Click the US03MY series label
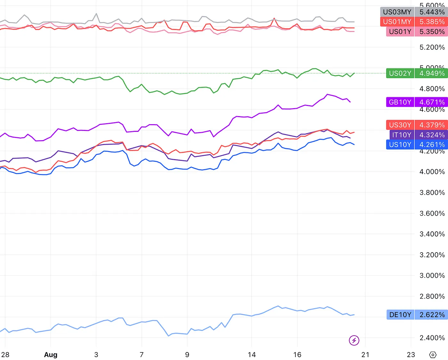coord(397,12)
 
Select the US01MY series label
coord(397,22)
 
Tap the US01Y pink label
coord(400,32)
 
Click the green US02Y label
coord(400,73)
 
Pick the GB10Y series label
coord(400,102)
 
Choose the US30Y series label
coord(400,125)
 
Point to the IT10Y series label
coord(402,135)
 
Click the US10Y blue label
coord(400,145)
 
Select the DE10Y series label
coord(400,315)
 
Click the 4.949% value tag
coord(432,73)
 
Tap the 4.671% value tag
coord(432,102)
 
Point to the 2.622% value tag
coord(432,315)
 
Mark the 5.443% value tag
coord(432,12)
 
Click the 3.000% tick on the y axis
coord(432,276)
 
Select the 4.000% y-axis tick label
coord(432,172)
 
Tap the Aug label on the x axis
coord(51,355)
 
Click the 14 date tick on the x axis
coord(252,355)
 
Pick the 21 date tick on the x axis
coord(365,355)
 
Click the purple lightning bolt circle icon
coord(354,340)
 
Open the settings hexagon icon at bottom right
coord(433,355)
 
